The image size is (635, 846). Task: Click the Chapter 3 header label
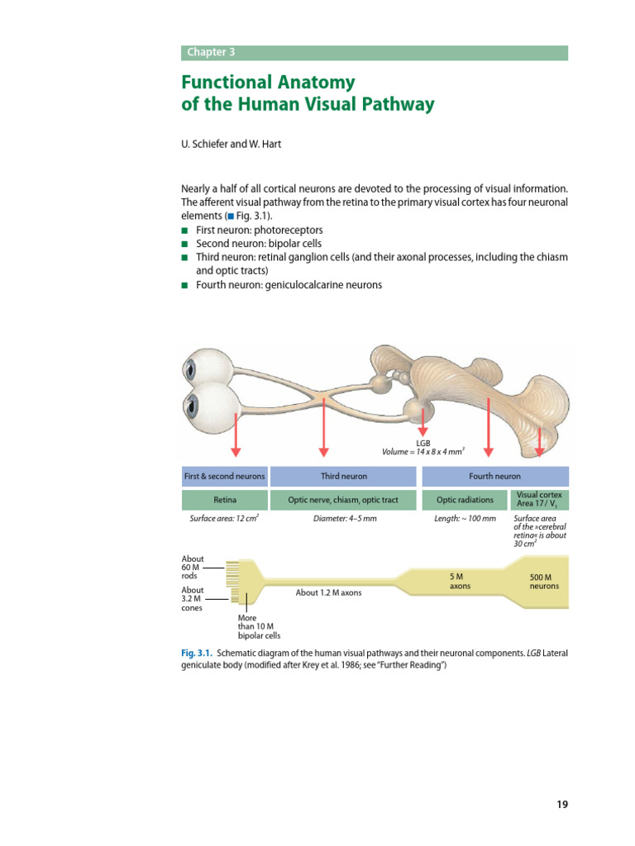click(211, 52)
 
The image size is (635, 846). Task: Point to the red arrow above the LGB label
click(423, 422)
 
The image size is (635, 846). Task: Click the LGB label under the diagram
click(423, 443)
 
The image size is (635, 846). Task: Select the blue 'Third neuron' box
click(344, 477)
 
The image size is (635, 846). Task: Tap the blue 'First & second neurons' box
click(225, 477)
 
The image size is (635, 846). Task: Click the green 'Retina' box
click(225, 500)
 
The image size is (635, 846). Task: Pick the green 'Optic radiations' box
click(464, 500)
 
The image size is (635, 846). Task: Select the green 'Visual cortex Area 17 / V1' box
click(539, 499)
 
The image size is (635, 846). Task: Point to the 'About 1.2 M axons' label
click(328, 592)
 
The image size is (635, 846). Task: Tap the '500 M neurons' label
click(544, 581)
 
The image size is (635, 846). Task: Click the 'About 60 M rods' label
click(193, 568)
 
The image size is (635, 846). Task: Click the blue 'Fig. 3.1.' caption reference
click(197, 653)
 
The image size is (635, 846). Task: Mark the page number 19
click(562, 804)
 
